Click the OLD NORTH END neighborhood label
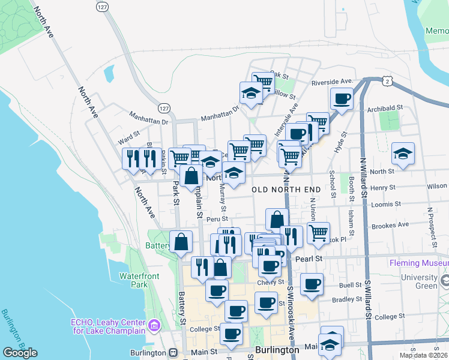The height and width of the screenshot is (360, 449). (x=286, y=190)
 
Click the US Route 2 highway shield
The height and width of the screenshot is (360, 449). (x=389, y=81)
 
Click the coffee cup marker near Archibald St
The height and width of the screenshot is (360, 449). (x=342, y=98)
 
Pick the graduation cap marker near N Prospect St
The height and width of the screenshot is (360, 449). (x=403, y=154)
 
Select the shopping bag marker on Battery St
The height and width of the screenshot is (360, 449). (x=181, y=242)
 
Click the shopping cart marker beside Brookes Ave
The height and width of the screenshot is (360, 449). (x=318, y=232)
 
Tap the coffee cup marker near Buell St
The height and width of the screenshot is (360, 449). (x=312, y=284)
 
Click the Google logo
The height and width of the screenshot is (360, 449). (x=20, y=353)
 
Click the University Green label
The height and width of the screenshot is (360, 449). (x=427, y=281)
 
